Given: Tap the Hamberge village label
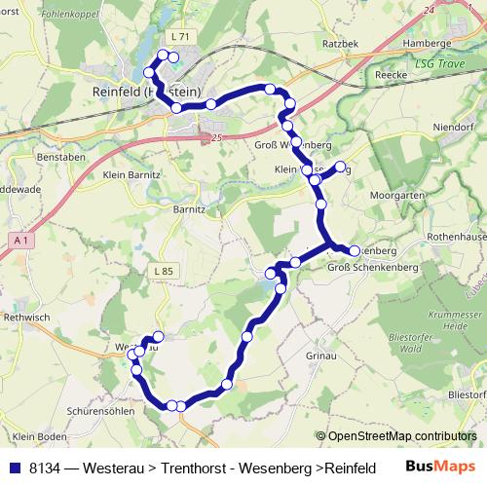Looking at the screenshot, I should tap(429, 43).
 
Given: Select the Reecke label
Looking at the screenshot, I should tap(389, 74).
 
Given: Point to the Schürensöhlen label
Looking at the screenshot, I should tap(73, 409).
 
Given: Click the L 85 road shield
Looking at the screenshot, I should tap(164, 270).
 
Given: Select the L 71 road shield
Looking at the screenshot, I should tap(179, 36).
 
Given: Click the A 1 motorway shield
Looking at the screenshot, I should tap(21, 239).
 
